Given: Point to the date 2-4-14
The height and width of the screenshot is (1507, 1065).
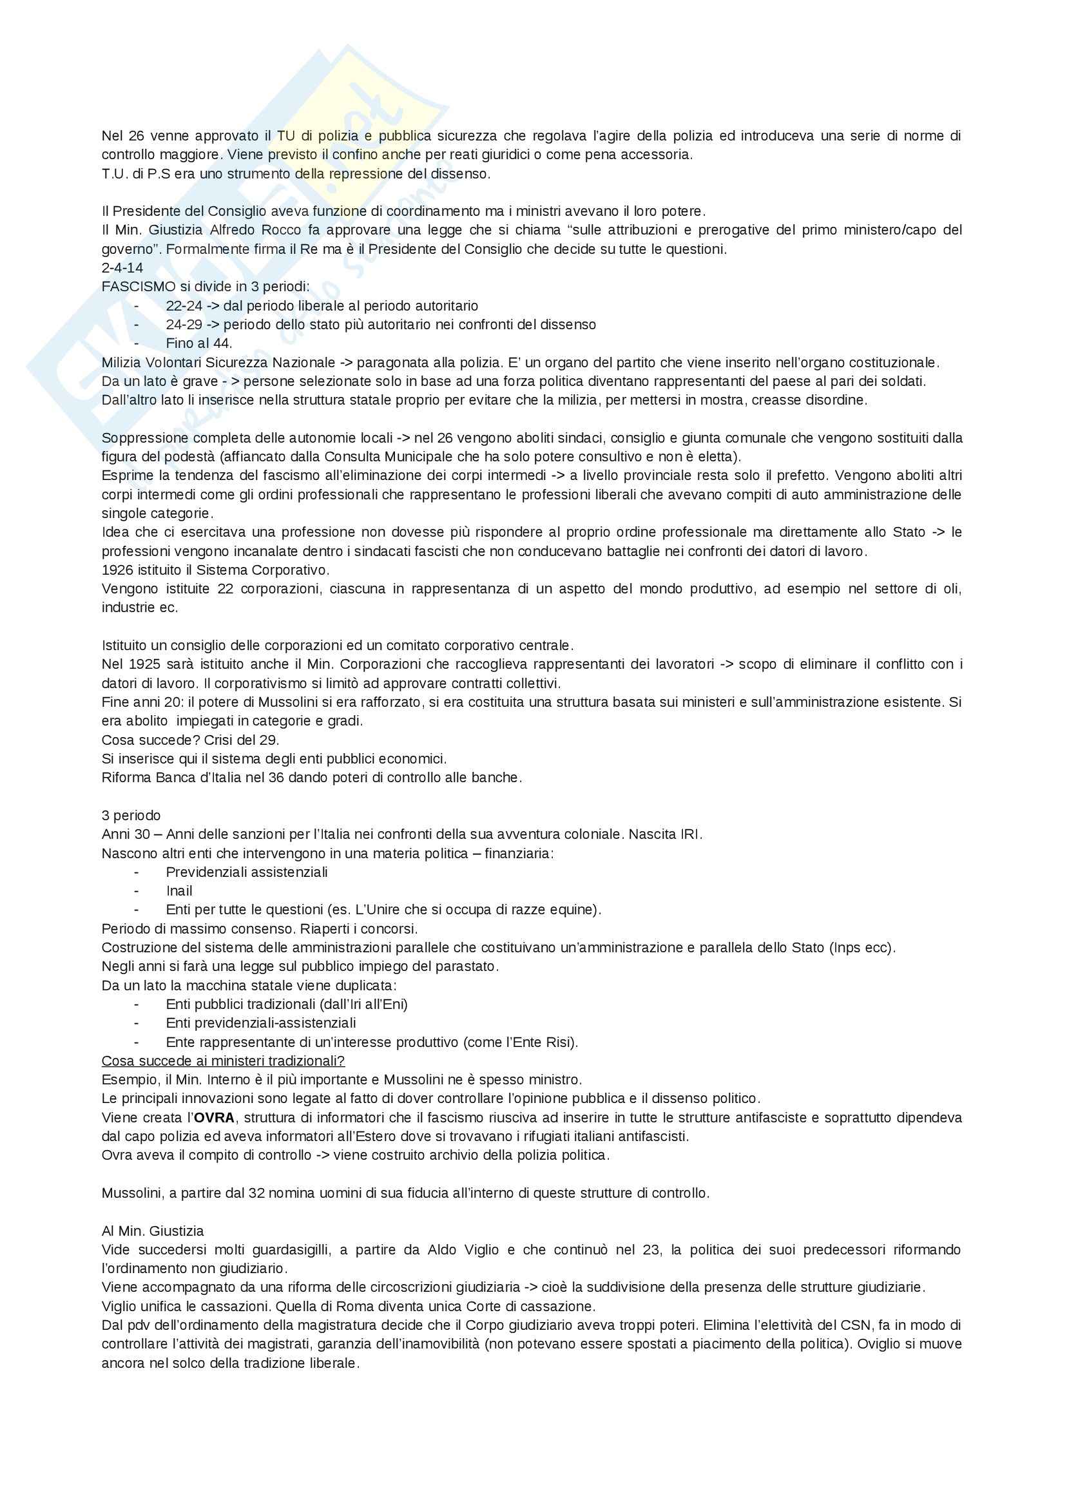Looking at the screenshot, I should (122, 268).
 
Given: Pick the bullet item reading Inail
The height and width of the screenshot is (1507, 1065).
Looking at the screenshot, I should (179, 890).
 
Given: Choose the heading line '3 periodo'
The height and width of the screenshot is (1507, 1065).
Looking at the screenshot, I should (131, 815).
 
